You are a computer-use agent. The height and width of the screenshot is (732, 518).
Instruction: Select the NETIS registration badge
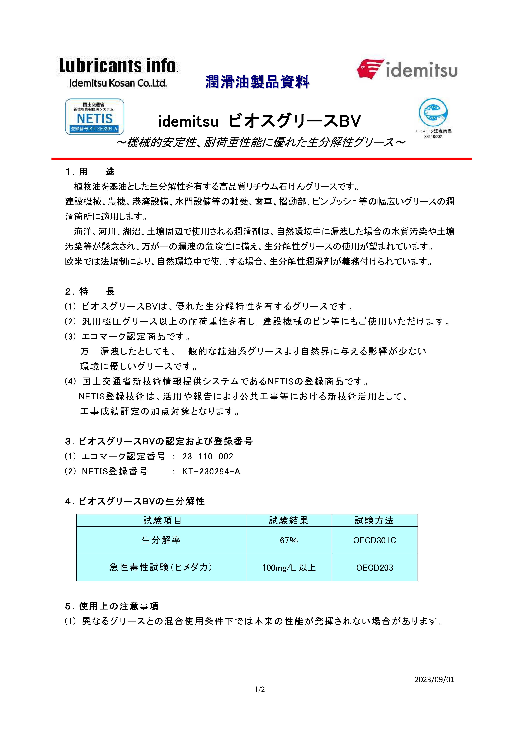coord(95,117)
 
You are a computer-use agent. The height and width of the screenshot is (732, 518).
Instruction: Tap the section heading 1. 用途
coord(90,172)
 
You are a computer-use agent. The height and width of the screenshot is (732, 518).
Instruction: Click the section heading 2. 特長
coord(90,291)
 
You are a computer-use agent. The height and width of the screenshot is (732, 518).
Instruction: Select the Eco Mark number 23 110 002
coord(208,457)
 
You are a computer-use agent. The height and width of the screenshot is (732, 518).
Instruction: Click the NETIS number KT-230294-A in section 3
coord(211,472)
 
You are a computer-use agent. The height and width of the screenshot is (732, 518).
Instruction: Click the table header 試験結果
coord(289,521)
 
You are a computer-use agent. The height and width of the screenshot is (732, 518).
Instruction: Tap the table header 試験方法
coord(374,521)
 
